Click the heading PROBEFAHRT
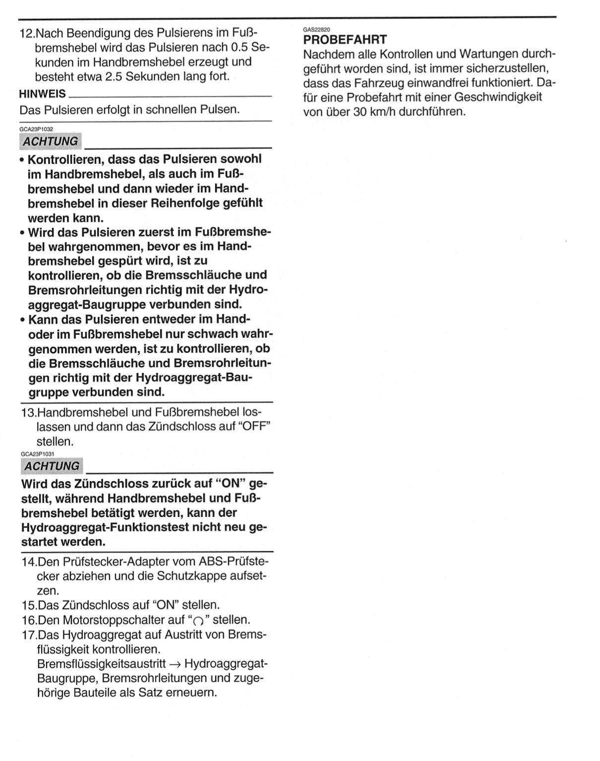pos(345,40)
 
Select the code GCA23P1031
pos(38,453)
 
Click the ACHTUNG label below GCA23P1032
pos(51,141)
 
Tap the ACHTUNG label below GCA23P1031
pos(52,466)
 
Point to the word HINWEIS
pos(42,94)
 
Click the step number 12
pos(27,34)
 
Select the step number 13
pos(28,412)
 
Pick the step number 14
pos(29,562)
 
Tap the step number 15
pos(29,605)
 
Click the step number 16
pos(29,620)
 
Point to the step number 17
pos(29,634)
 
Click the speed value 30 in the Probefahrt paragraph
pos(360,112)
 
